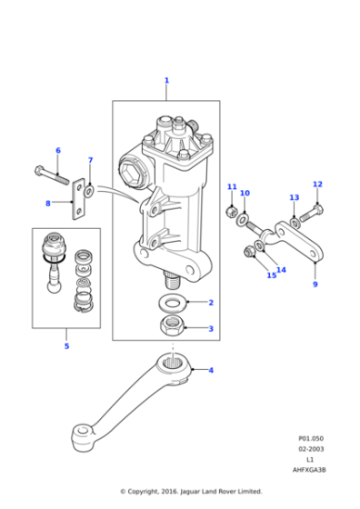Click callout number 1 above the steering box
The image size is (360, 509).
tap(166, 81)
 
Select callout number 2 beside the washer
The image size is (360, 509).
tap(211, 303)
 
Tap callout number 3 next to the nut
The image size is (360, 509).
tap(211, 328)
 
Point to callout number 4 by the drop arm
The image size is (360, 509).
tap(211, 370)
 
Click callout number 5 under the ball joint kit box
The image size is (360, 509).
tap(66, 346)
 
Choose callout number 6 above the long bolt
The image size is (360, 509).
tap(58, 150)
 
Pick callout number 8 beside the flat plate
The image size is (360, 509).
tap(47, 203)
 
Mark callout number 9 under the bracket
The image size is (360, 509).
tap(315, 284)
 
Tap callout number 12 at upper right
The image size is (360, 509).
tap(317, 185)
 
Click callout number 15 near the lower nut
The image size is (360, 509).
tap(272, 275)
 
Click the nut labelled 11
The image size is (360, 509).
tap(231, 213)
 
